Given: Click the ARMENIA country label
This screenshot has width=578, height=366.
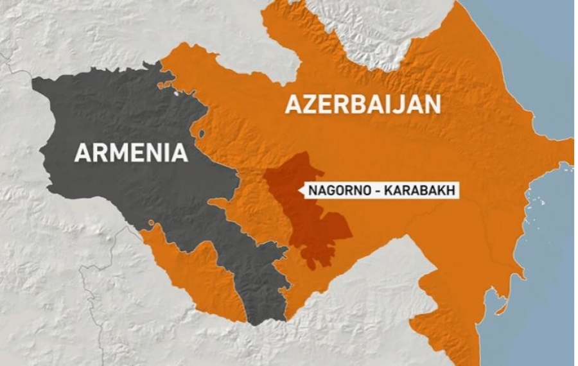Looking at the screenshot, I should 131,153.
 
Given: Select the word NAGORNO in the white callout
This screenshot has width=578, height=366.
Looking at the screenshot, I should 337,191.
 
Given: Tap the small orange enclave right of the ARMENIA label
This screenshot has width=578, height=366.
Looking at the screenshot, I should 202,135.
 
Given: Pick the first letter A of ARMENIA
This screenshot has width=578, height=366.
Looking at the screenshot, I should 82,153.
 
